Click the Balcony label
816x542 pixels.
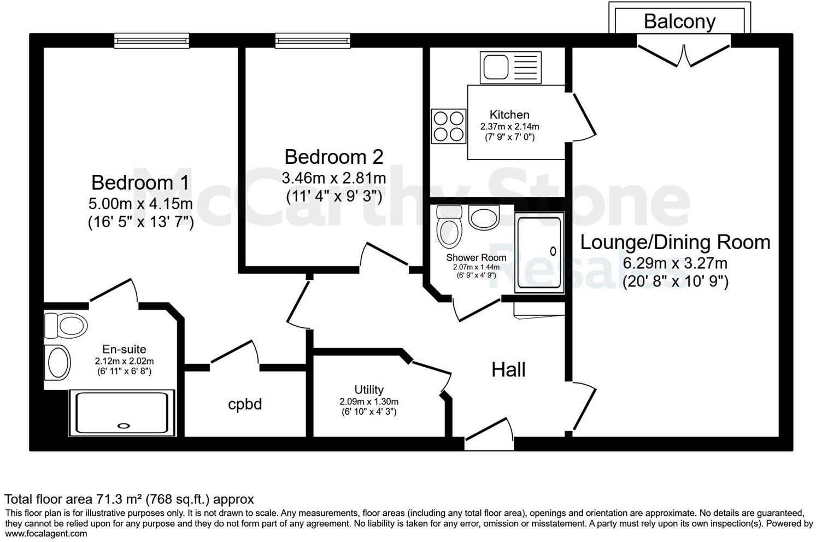coord(679,21)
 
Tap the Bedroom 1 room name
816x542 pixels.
coord(140,182)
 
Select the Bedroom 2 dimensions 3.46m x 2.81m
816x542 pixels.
coord(333,178)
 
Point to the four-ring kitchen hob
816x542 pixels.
coord(448,126)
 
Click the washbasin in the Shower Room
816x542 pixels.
coord(484,218)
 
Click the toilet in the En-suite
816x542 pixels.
coord(66,326)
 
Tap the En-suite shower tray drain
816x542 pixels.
coord(125,425)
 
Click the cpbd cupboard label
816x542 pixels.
coord(245,404)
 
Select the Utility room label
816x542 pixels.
coord(369,390)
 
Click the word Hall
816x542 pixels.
coord(508,370)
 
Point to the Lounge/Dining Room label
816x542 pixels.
coord(675,242)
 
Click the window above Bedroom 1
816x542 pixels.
coord(152,40)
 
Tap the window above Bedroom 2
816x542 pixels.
coord(313,40)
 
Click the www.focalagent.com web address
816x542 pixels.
coord(46,534)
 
